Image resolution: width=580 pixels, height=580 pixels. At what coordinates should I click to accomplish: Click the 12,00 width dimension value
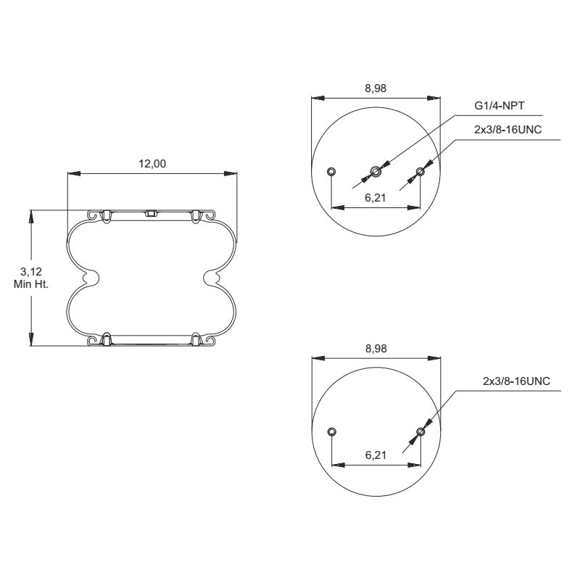coord(152,164)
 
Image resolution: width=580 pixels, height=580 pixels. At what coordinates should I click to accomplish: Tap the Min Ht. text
coord(30,283)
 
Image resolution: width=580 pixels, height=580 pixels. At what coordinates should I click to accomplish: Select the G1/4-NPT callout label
coord(500,106)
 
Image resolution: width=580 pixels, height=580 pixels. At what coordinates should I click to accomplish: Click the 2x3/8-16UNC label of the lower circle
coord(517,381)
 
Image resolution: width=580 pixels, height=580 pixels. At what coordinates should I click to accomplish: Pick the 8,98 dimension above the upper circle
coord(375,88)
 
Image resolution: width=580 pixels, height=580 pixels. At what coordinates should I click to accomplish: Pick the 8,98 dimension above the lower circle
coord(375,349)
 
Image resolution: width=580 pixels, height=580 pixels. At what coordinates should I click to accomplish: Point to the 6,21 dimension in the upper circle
coord(375,198)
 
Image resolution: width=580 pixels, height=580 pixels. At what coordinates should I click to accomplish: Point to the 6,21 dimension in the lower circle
coord(375,455)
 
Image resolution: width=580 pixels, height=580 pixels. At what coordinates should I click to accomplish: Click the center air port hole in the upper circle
coord(376,172)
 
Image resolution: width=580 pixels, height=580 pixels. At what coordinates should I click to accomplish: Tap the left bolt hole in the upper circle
coord(331,172)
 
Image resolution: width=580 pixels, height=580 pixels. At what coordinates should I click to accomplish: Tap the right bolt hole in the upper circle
coord(420,172)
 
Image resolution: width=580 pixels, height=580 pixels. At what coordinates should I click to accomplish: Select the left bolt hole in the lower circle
coord(331,432)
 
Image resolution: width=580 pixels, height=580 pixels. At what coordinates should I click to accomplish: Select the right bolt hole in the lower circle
coord(420,432)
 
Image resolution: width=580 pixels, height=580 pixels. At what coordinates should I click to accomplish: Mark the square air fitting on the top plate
coord(152,213)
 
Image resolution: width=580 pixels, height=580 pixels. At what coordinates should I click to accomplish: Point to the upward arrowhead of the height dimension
coord(31,215)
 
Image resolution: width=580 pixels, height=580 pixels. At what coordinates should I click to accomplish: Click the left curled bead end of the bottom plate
coord(92,340)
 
